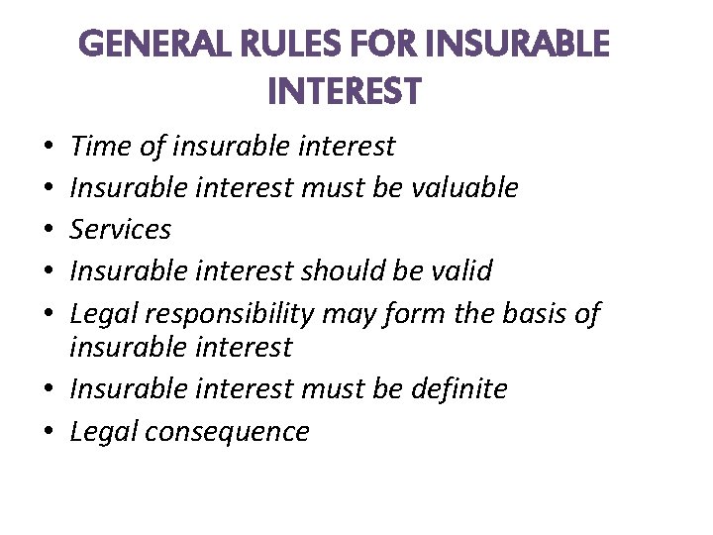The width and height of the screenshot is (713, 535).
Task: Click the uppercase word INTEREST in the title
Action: point(344,92)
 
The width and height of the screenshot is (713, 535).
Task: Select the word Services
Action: point(121,229)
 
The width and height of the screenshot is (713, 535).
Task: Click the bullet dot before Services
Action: point(51,231)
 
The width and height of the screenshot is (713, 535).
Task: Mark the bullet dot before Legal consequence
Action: point(51,433)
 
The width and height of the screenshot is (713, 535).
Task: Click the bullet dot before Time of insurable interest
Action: point(51,149)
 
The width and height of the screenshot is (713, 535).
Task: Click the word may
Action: point(356,315)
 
